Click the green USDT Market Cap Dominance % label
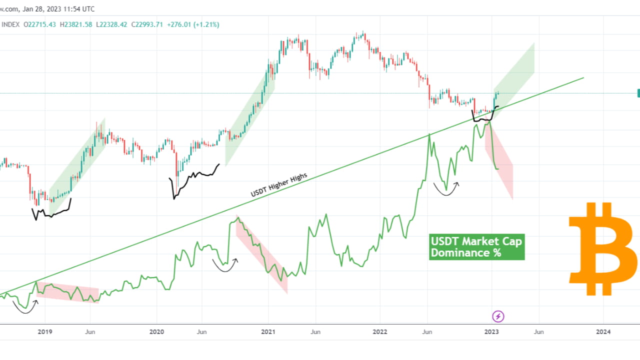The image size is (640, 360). (x=476, y=247)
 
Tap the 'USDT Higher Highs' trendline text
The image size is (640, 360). (x=278, y=185)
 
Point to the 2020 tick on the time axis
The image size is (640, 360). (x=156, y=331)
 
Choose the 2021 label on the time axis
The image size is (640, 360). (x=268, y=331)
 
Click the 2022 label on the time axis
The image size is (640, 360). (x=379, y=331)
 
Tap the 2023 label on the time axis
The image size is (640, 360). (x=492, y=331)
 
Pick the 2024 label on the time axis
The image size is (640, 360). (x=603, y=331)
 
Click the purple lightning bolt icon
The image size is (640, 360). (x=498, y=316)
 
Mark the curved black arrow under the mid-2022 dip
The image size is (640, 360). (x=446, y=189)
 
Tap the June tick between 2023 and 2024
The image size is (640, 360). (x=538, y=331)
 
